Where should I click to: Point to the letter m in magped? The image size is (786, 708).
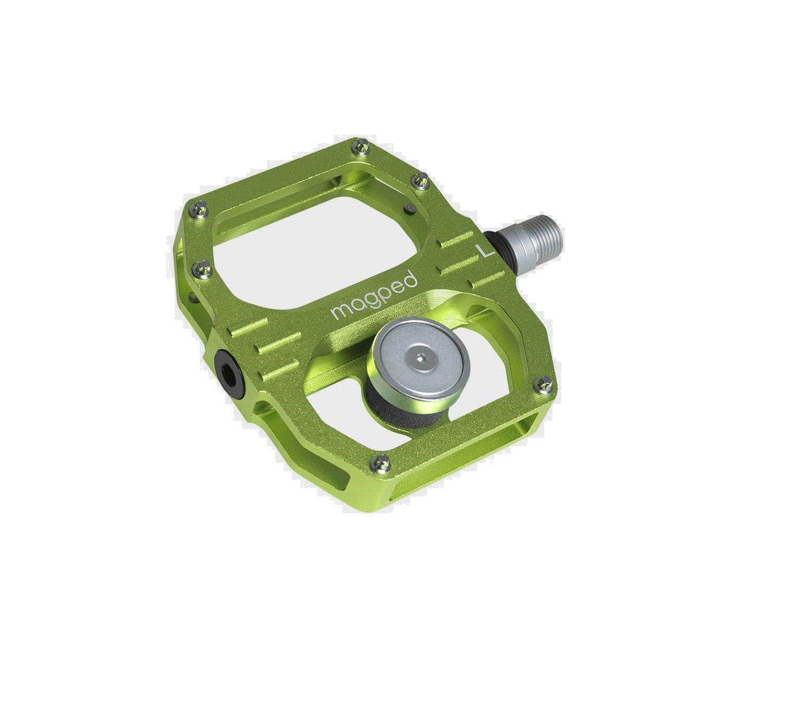340,312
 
